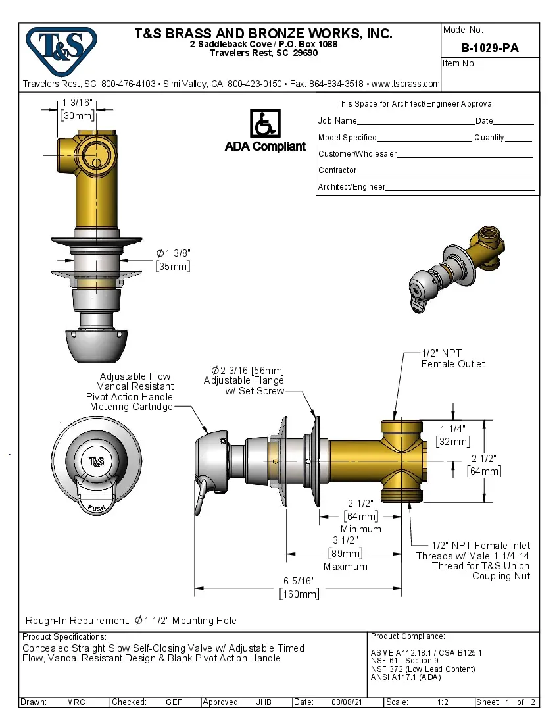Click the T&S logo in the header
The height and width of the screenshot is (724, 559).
click(x=61, y=47)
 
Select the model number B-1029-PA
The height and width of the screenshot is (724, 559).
click(x=490, y=48)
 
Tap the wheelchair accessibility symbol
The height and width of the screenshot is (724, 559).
click(x=265, y=124)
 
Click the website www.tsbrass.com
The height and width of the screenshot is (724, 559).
click(x=406, y=84)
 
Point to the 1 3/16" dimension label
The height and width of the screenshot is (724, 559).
click(x=78, y=102)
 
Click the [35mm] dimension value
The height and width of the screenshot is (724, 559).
click(x=174, y=267)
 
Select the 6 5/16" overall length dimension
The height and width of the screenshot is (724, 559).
click(x=299, y=581)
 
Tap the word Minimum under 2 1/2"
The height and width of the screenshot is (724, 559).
click(x=360, y=529)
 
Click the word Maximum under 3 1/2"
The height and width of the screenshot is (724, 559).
click(x=345, y=566)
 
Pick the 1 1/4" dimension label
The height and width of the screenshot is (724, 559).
click(x=454, y=428)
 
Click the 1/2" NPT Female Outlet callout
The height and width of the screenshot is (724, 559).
click(x=452, y=359)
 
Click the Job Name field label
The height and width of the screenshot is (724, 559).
click(x=337, y=121)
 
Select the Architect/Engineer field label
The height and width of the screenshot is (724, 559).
click(x=351, y=187)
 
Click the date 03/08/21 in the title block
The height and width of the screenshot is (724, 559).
click(x=347, y=702)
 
